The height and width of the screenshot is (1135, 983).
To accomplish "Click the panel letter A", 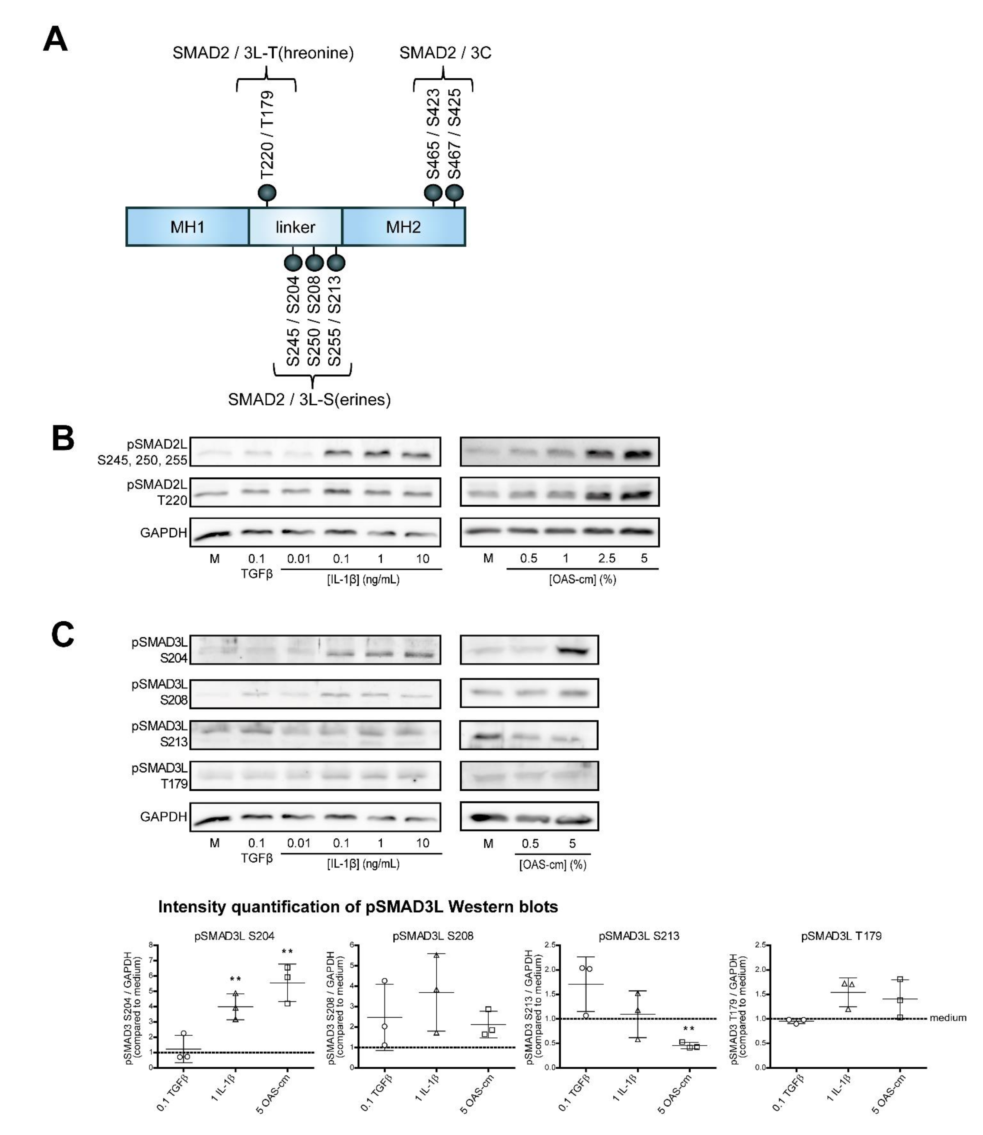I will pos(55,40).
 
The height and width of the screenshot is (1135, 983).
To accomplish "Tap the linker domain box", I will pos(295,226).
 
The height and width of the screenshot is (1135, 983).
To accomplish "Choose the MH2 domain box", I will pos(403,226).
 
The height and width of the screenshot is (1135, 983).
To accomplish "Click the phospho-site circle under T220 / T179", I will pos(267,193).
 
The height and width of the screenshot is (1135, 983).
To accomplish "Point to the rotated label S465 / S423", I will pos(433,134).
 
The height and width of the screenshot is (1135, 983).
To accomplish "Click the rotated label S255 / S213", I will pos(334,321).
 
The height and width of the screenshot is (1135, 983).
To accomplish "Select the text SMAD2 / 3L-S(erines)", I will pos(309,400).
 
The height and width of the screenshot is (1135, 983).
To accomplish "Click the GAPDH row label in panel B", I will pos(163,532).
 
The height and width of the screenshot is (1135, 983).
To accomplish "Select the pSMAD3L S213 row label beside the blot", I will pos(160,734).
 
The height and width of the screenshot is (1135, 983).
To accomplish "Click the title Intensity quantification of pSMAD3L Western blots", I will pos(358,907).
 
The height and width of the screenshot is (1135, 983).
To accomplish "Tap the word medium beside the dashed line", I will pos(948,1018).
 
